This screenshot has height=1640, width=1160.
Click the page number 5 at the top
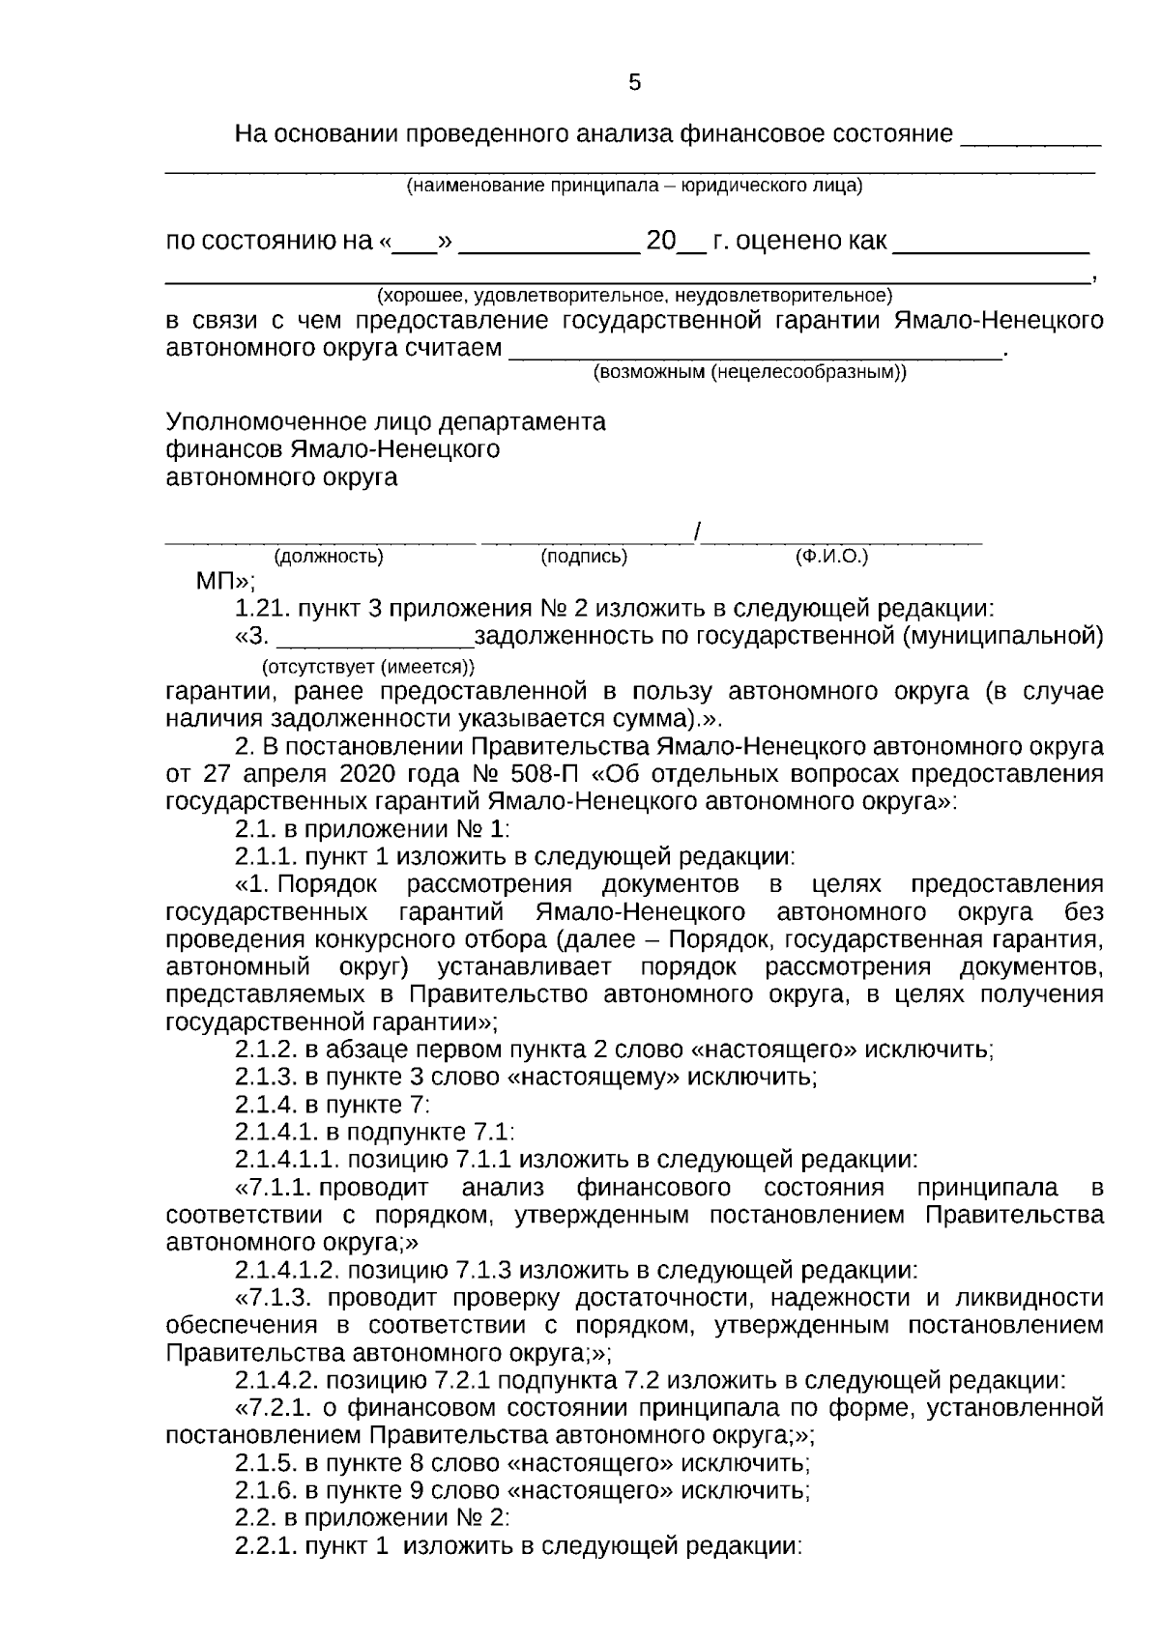tap(634, 83)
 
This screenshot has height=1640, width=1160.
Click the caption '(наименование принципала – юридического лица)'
tap(633, 186)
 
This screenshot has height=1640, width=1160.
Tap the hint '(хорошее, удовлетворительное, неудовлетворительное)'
tap(634, 294)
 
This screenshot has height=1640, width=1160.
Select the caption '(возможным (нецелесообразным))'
tap(749, 372)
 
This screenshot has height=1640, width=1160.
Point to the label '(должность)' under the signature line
tap(329, 557)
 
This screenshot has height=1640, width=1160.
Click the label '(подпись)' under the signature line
tap(584, 557)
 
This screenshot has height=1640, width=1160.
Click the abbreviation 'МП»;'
tap(225, 582)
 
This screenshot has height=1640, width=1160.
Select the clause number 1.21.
tap(262, 609)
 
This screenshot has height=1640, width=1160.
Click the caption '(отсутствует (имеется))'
tap(369, 666)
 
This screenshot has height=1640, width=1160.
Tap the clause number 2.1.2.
tap(267, 1050)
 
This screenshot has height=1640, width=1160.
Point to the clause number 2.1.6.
tap(267, 1489)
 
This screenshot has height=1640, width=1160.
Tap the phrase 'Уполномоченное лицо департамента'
tap(386, 422)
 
